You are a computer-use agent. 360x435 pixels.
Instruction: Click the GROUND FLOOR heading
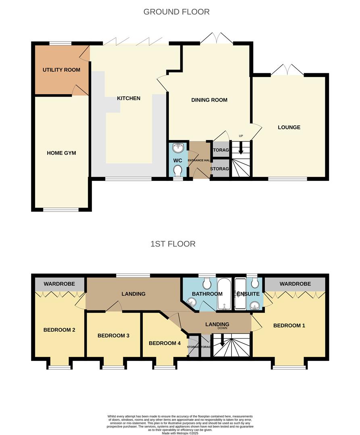pos(177,12)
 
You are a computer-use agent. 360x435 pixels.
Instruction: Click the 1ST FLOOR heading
pos(173,244)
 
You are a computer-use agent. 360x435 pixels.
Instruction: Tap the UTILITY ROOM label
pos(61,70)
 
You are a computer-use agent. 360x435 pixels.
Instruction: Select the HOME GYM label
pos(61,153)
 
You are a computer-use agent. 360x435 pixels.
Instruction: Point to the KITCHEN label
pos(129,98)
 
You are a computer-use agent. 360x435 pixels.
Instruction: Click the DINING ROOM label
pos(209,100)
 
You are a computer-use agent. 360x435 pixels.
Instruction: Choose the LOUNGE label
pos(289,127)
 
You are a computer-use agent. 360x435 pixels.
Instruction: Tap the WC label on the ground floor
pos(178,161)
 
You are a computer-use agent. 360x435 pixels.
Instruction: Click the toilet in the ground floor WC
pos(178,172)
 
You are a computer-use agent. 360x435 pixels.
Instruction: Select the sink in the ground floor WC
pos(178,148)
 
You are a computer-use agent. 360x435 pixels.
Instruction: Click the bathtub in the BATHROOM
pos(225,294)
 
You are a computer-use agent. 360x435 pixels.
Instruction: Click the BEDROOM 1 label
pos(289,325)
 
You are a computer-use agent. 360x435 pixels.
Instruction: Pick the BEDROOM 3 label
pos(113,336)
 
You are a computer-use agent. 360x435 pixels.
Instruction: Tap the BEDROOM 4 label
pos(164,343)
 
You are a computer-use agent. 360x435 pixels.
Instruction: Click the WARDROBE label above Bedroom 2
pos(59,284)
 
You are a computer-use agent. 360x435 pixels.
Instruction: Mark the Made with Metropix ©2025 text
pos(180,433)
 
